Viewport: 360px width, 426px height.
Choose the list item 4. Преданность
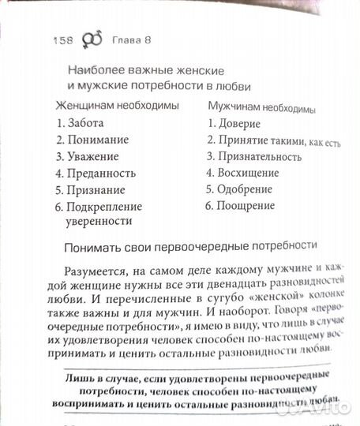click(x=97, y=173)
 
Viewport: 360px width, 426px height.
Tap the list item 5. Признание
click(x=91, y=190)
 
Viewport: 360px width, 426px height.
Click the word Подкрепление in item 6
click(x=107, y=207)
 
